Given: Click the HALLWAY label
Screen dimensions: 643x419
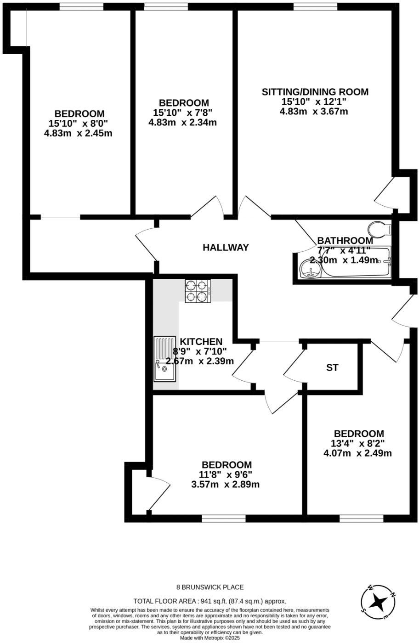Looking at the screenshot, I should click(x=226, y=248).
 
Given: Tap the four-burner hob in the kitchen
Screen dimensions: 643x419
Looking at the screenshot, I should click(x=197, y=291).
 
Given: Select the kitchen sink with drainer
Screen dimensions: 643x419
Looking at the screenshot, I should click(x=164, y=359).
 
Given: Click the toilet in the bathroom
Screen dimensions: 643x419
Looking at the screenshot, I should click(x=379, y=228).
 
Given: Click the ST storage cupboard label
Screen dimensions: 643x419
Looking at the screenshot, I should click(x=332, y=368).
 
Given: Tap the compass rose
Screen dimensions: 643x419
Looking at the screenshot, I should click(x=378, y=601).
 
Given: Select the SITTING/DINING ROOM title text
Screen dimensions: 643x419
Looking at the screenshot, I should click(x=315, y=92).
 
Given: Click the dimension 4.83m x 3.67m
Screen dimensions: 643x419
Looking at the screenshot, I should click(x=313, y=111).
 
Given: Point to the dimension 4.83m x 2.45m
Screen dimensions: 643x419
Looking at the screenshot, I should click(x=78, y=133).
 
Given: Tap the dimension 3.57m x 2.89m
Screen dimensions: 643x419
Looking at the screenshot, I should click(x=225, y=484).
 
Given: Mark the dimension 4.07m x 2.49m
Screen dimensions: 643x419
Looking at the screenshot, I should click(x=357, y=453).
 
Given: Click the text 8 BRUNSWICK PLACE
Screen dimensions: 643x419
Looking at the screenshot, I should click(x=210, y=587).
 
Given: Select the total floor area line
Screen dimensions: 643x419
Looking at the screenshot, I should click(x=209, y=601).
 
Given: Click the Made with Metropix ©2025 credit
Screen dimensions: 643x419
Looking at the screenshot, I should click(x=209, y=638).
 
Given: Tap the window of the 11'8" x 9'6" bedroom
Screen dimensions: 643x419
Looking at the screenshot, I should click(x=223, y=518).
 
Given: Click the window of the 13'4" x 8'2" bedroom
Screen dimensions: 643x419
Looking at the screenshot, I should click(x=361, y=518).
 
